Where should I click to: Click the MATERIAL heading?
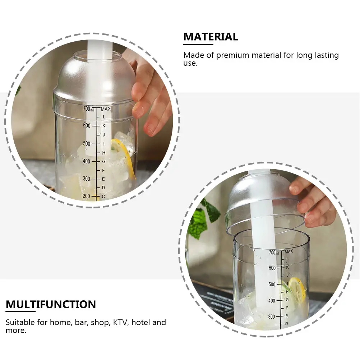[211, 37]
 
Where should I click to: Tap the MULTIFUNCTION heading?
[51, 304]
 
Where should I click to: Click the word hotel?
[141, 322]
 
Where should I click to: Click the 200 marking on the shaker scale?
[87, 196]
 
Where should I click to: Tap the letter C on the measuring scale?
[103, 196]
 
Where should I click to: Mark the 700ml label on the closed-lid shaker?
[89, 109]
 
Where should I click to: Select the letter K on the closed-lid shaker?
[104, 126]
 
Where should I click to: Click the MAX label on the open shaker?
[288, 251]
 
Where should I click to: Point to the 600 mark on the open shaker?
[272, 268]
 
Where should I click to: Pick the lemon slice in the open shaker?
[297, 289]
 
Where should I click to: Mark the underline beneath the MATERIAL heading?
[198, 45]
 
